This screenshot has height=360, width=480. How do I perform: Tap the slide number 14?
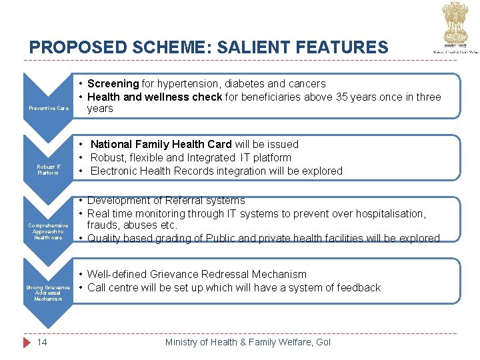tap(41, 342)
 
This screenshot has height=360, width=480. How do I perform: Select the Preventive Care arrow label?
tap(48, 108)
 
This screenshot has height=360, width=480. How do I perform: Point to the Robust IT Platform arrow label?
tap(49, 169)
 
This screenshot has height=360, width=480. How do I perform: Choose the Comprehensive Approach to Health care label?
tap(48, 231)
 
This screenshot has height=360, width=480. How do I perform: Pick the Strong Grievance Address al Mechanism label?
tap(48, 293)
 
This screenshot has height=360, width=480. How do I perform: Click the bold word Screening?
tap(113, 84)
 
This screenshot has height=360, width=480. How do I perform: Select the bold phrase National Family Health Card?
tap(161, 144)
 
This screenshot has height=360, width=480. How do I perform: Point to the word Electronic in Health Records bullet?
tap(115, 171)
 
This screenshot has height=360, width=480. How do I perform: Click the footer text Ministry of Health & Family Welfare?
tap(247, 342)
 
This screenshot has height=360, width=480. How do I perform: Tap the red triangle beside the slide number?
tap(27, 342)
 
